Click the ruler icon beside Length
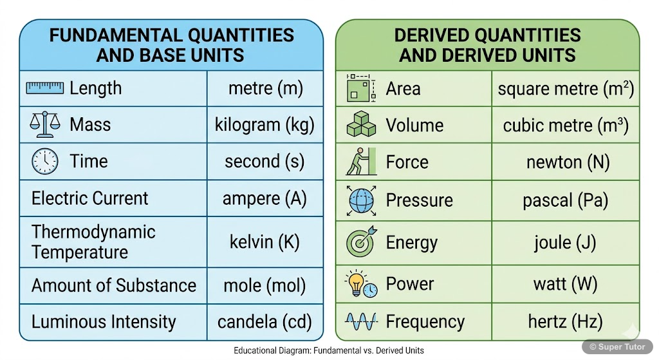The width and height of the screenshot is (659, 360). (x=44, y=88)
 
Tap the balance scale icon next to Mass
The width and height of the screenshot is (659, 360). (x=44, y=124)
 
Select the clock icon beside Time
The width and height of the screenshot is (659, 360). (x=44, y=161)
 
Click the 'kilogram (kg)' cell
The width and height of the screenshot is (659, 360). (x=265, y=124)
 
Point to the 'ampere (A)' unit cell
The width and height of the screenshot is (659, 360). (x=265, y=198)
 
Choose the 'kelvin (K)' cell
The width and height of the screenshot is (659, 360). (x=265, y=242)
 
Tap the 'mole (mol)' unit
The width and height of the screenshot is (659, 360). (x=265, y=285)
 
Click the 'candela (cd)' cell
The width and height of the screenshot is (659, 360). (x=265, y=321)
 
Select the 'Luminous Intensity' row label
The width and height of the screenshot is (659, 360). (x=104, y=321)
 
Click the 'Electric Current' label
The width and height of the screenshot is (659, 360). (x=89, y=198)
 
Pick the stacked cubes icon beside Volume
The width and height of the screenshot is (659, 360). (x=361, y=124)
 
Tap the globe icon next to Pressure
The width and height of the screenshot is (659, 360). (x=361, y=200)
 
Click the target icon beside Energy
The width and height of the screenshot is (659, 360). (x=361, y=242)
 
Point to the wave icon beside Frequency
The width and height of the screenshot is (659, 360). (x=361, y=321)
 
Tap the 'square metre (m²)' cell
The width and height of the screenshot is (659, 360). (x=566, y=89)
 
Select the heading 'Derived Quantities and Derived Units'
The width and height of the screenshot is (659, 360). (x=487, y=44)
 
